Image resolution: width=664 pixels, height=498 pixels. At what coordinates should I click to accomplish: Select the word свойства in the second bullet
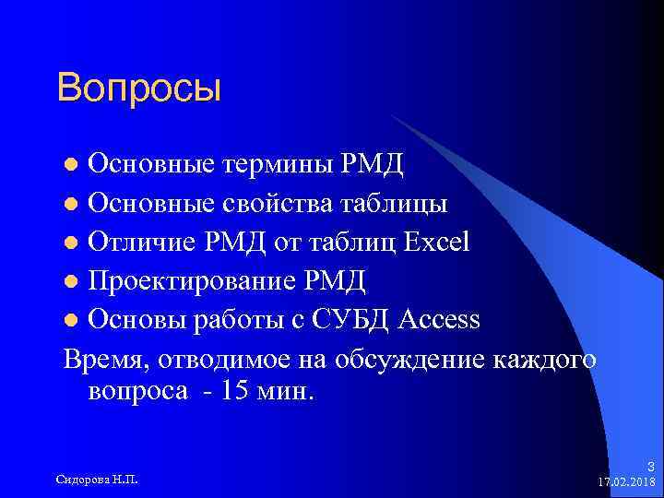coord(283,203)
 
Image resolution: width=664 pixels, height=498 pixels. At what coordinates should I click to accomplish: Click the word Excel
coord(435,242)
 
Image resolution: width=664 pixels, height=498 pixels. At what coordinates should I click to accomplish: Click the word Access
coord(440,320)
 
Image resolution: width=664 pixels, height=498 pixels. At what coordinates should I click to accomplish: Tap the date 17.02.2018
coord(627,481)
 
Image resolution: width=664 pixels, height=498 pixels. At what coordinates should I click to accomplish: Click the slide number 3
coord(651,466)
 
